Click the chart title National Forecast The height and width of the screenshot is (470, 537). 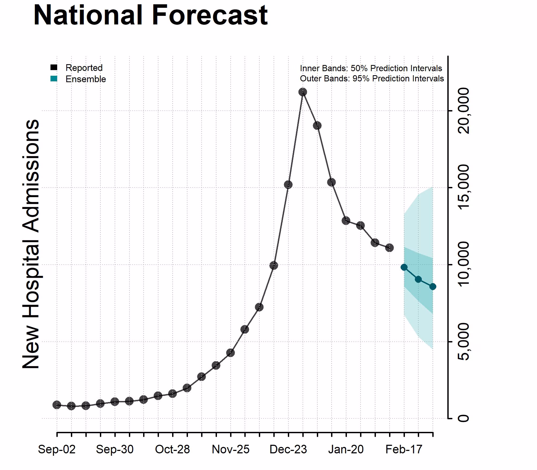point(150,16)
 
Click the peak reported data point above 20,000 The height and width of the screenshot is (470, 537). point(303,92)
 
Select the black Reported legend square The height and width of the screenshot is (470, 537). point(54,67)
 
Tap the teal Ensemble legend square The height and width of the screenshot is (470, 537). point(54,79)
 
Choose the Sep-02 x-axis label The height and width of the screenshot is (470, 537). point(57,449)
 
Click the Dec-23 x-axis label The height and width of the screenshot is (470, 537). point(288,449)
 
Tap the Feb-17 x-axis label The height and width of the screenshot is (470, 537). point(404,449)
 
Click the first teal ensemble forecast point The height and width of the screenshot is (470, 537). point(404,267)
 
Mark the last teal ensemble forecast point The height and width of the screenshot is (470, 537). point(433,287)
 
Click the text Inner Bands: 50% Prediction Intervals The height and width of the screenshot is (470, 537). point(371,68)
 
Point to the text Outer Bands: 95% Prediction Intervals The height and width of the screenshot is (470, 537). point(372,78)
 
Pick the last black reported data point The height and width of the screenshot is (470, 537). point(389,248)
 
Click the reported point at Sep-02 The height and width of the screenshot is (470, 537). point(57,405)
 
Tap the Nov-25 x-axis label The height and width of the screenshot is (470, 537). point(230,449)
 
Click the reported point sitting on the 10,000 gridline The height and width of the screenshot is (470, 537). point(274,265)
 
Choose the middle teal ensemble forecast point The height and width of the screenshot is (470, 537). point(418,279)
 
